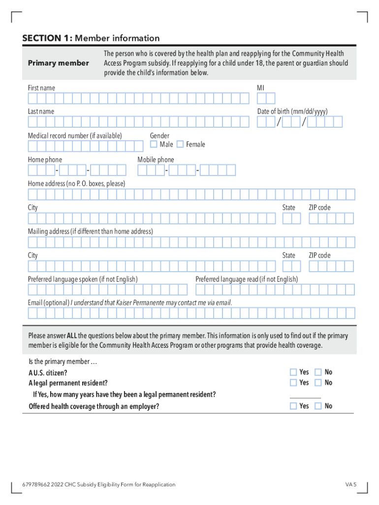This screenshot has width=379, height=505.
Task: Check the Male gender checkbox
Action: coord(154,144)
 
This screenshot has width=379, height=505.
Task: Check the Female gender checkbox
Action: coord(180,144)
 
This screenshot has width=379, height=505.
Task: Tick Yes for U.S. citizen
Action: coord(293,372)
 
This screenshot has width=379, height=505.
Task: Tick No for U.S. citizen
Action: coord(318,372)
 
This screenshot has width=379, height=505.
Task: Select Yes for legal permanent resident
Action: coord(293,383)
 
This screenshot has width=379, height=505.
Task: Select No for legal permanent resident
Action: coord(318,383)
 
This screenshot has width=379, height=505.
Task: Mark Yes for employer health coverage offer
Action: coord(293,406)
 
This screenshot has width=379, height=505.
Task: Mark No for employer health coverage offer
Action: coord(318,406)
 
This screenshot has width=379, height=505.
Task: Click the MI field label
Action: coord(260,88)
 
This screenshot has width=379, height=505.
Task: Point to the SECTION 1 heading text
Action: coord(91,38)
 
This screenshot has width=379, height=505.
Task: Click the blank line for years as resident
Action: coord(305,397)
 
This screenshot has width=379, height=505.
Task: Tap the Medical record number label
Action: coord(75,136)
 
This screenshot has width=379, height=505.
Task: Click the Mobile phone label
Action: coord(156,160)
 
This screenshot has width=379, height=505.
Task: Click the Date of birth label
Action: coord(292,111)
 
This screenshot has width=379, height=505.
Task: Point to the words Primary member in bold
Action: coord(59,63)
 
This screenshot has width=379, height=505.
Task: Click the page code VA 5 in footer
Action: coord(350,484)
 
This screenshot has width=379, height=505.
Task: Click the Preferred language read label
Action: coord(247,279)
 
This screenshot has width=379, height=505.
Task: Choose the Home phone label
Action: coord(45,160)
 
